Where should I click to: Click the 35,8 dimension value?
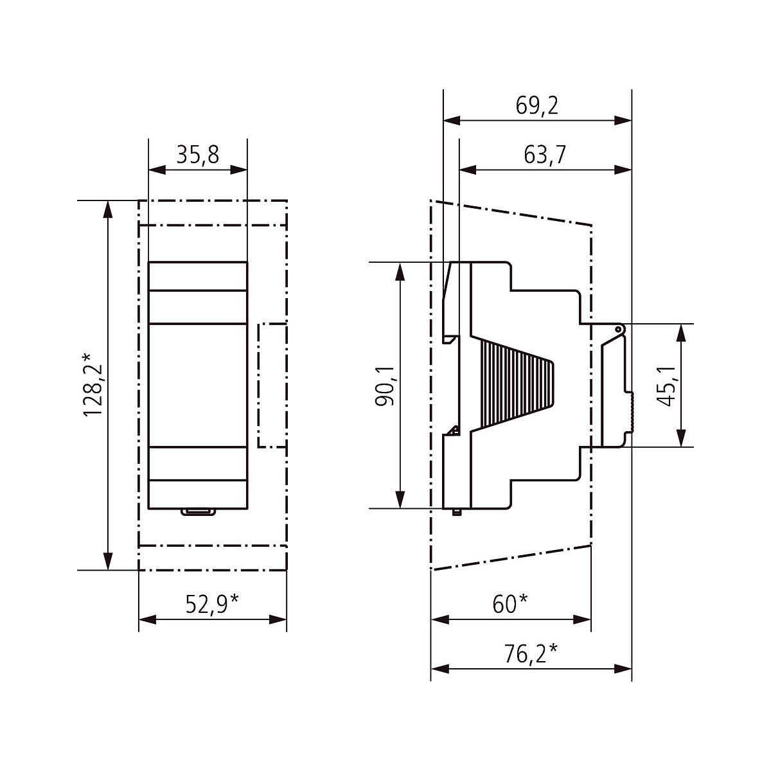[198, 155]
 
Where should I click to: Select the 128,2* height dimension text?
[93, 385]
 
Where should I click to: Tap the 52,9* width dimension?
[212, 604]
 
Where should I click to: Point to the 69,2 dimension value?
[536, 105]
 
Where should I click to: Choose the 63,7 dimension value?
[545, 155]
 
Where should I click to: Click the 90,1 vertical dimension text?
[384, 385]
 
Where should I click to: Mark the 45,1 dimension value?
[666, 386]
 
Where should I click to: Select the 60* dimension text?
[510, 604]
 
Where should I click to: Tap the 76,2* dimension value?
[531, 654]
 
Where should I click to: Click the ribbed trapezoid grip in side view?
[518, 385]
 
